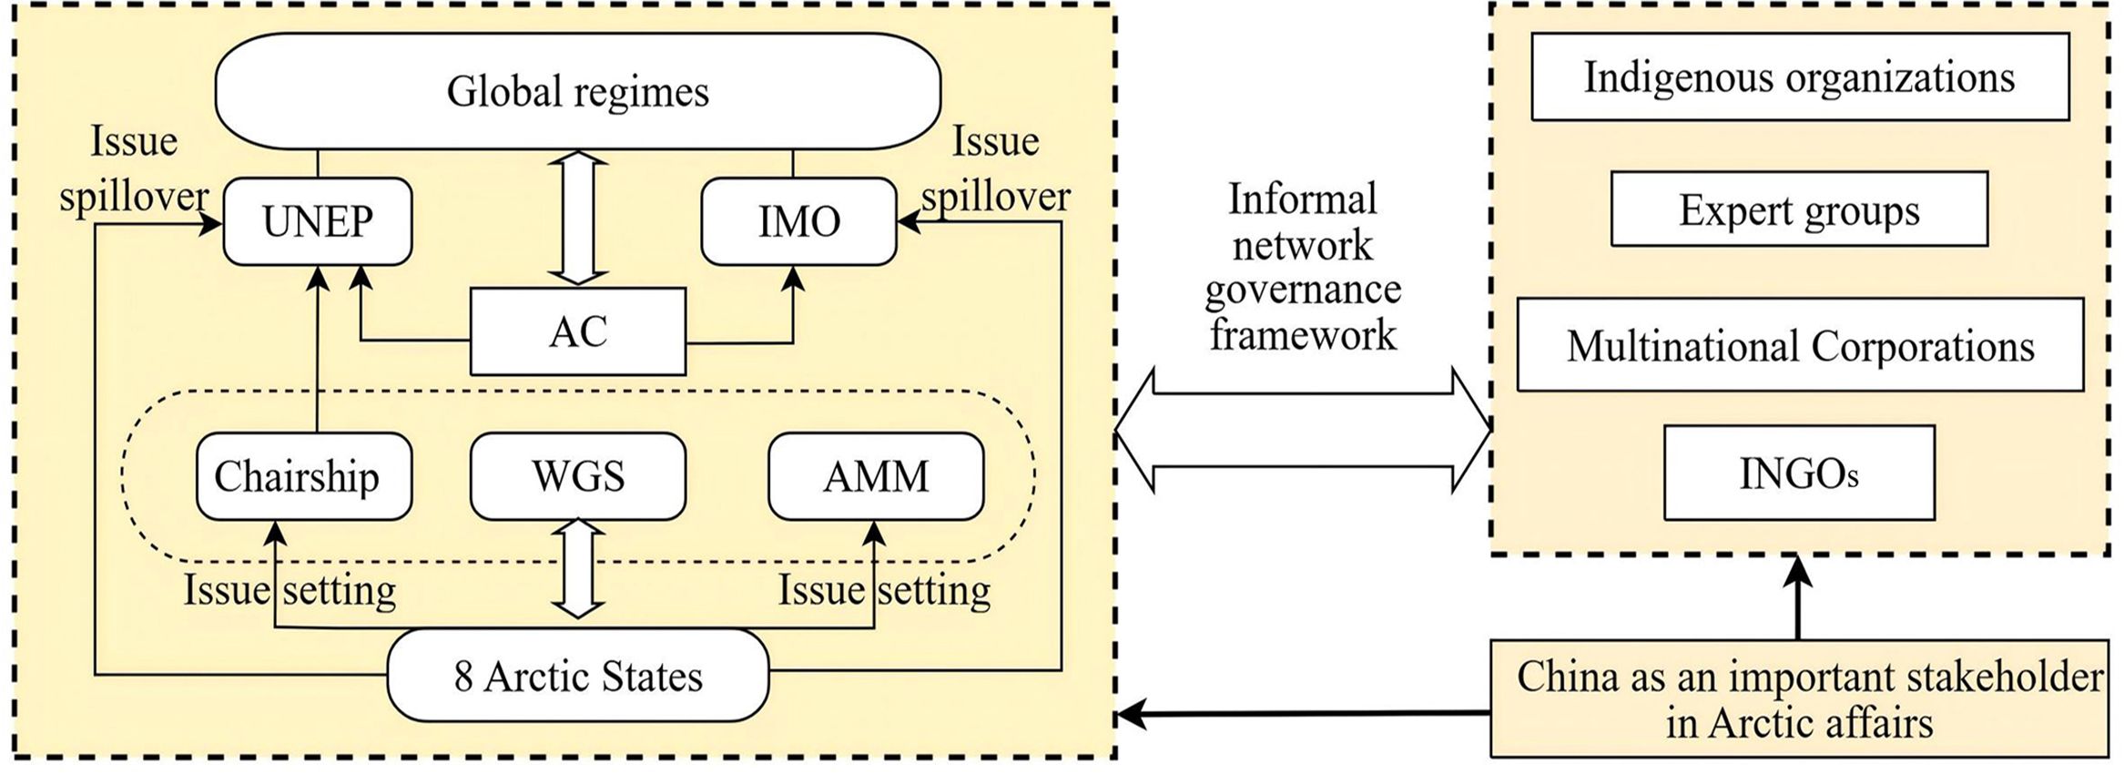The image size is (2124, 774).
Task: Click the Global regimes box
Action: click(x=577, y=91)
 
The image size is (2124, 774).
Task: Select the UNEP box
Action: click(x=317, y=221)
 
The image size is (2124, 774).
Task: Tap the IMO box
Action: click(x=798, y=221)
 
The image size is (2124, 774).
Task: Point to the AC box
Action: click(x=577, y=331)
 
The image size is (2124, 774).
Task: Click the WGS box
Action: click(x=577, y=476)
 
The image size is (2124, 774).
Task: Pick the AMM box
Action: click(x=876, y=476)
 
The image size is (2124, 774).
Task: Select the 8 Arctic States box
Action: click(x=577, y=676)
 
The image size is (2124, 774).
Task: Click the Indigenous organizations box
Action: click(x=1799, y=77)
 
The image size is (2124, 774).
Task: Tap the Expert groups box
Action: click(x=1799, y=209)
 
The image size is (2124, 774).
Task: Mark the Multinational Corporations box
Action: click(x=1799, y=346)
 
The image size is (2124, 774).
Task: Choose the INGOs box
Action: click(x=1799, y=474)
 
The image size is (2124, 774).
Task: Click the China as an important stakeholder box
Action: click(x=1799, y=699)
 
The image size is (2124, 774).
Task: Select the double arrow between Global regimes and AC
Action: click(x=577, y=219)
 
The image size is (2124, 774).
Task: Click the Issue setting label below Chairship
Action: click(x=290, y=590)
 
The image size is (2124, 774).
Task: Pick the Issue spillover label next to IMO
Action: click(x=995, y=170)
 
